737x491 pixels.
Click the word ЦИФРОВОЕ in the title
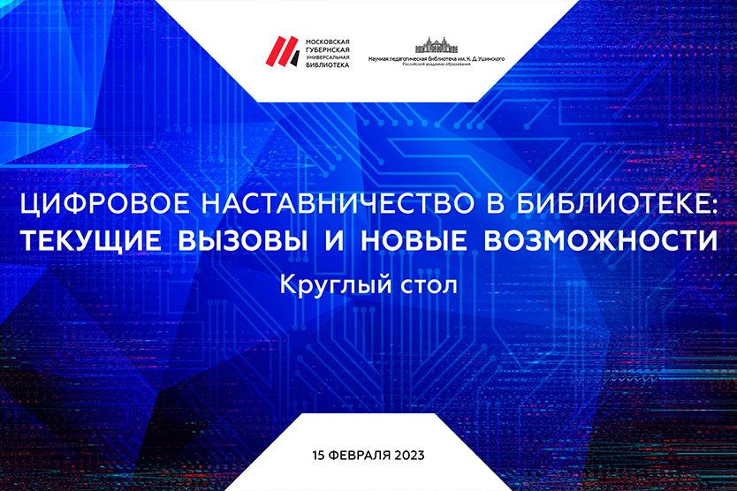(x=105, y=204)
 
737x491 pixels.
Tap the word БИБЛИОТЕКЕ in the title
(x=617, y=203)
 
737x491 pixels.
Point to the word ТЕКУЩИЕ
(x=91, y=240)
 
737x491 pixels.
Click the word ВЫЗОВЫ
(x=243, y=240)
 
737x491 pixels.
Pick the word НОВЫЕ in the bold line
(x=414, y=240)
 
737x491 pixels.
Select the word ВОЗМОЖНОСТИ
(x=601, y=240)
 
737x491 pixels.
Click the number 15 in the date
(x=318, y=455)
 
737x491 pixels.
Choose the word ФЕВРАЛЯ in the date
(x=359, y=455)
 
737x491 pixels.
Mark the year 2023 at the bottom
(x=409, y=455)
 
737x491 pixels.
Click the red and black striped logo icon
(x=283, y=51)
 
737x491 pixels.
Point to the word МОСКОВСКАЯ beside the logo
(x=328, y=42)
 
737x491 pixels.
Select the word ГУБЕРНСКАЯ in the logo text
(x=328, y=49)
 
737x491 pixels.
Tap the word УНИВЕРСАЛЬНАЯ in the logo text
(x=328, y=57)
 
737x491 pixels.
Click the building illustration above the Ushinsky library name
(x=437, y=45)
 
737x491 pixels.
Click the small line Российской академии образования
(x=437, y=64)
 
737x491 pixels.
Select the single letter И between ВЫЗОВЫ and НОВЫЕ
(x=335, y=240)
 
